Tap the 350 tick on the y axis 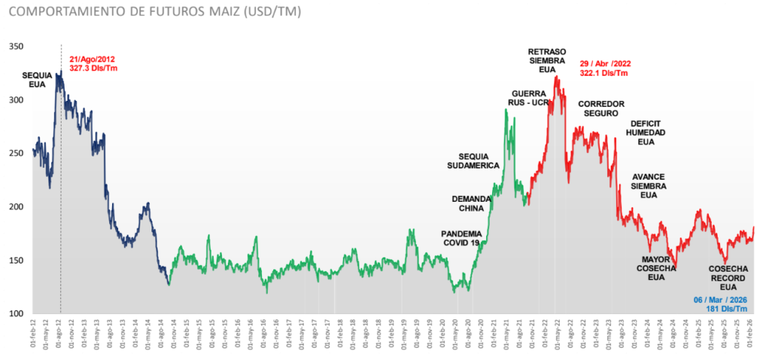pos(16,46)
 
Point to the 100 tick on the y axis pos(16,313)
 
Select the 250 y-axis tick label pos(16,153)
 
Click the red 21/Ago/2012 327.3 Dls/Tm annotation pos(93,63)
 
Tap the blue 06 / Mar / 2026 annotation pos(721,304)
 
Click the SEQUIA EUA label pos(38,79)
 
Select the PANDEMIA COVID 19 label pos(461,238)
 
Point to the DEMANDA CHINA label pos(472,203)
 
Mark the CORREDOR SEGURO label pos(600,108)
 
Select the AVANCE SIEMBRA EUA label pos(649,186)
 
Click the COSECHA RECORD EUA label pos(728,277)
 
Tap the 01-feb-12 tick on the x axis pos(33,336)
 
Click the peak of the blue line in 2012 pos(60,71)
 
